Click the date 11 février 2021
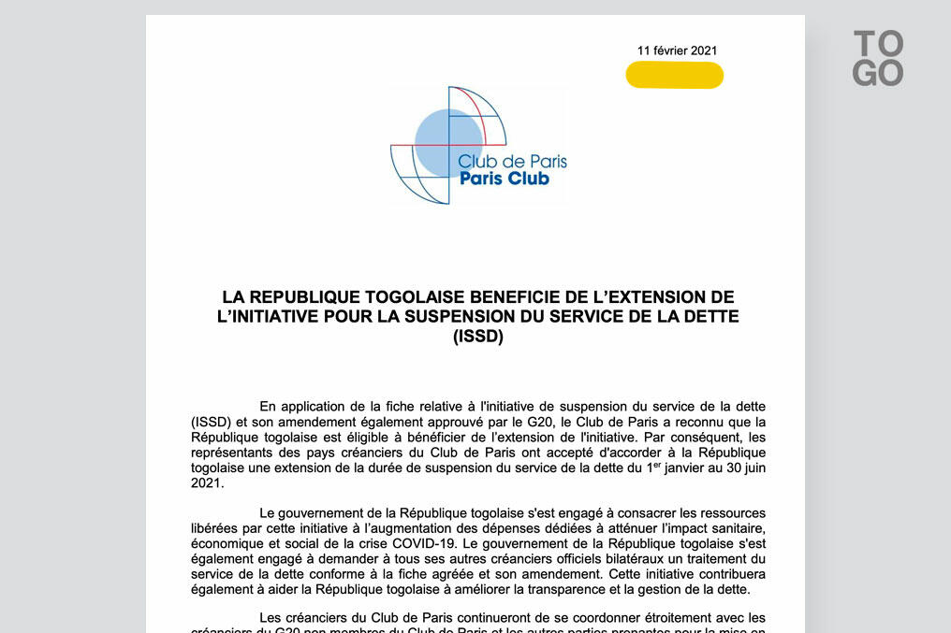678,50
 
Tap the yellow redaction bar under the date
674,75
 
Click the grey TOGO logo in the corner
878,58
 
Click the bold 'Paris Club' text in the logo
505,179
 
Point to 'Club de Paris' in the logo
512,161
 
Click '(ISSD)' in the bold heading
477,337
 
